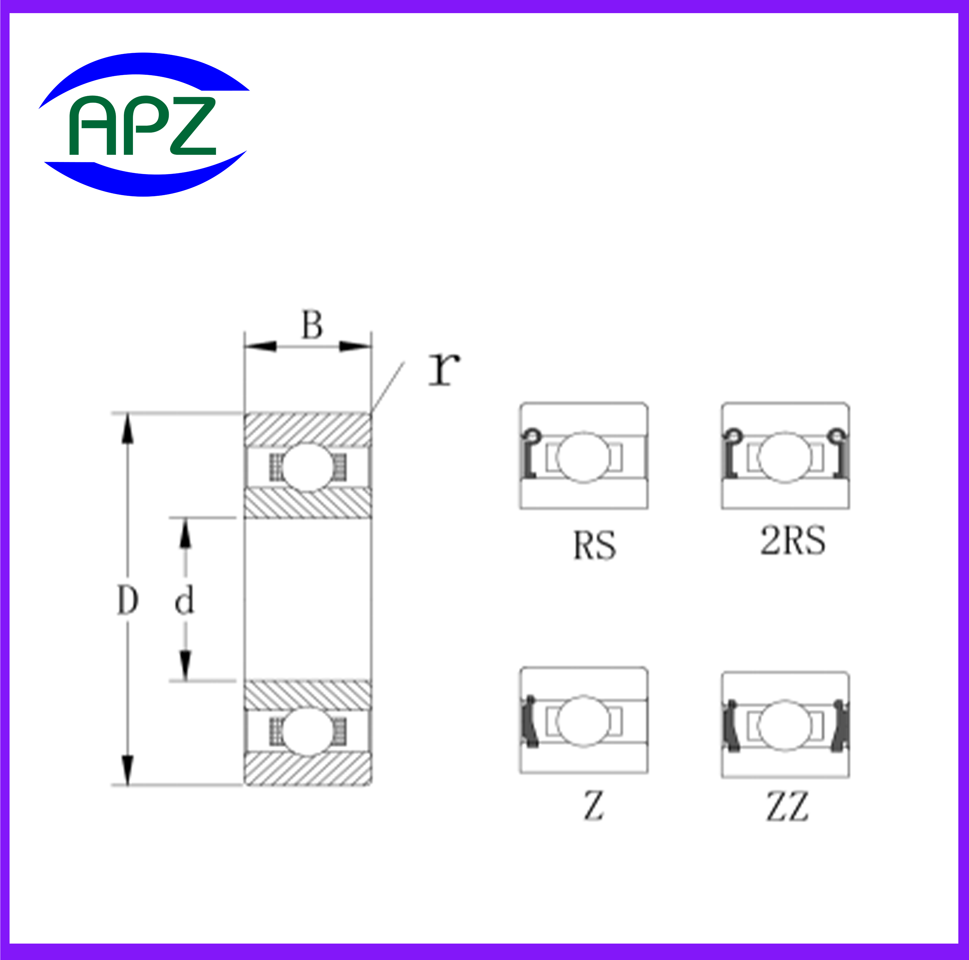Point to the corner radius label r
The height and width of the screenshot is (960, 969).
444,369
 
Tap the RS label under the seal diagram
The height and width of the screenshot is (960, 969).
594,545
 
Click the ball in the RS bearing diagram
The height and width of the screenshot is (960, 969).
583,457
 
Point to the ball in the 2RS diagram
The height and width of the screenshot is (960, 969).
785,457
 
